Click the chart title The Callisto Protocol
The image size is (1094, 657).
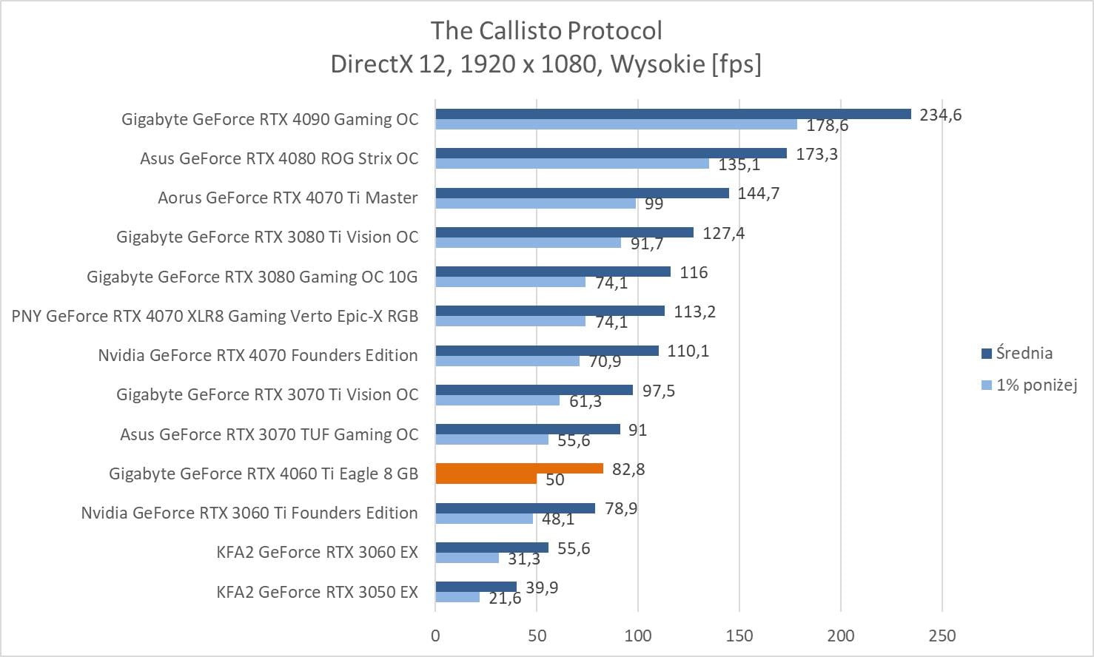pyautogui.click(x=546, y=31)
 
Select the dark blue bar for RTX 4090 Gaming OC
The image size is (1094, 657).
pyautogui.click(x=673, y=114)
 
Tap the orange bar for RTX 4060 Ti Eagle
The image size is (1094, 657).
pyautogui.click(x=519, y=468)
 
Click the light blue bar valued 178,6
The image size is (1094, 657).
pyautogui.click(x=616, y=124)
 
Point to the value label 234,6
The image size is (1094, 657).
pyautogui.click(x=940, y=115)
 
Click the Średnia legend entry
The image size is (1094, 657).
pyautogui.click(x=1024, y=353)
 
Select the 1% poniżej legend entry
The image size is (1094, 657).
pyautogui.click(x=1036, y=385)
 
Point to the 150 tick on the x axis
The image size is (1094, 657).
pyautogui.click(x=739, y=636)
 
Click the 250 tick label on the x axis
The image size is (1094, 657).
pyautogui.click(x=942, y=636)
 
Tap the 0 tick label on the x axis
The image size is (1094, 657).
pyautogui.click(x=435, y=636)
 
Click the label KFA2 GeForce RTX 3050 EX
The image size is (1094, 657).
pyautogui.click(x=317, y=592)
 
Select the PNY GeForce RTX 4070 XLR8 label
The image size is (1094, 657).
pyautogui.click(x=215, y=316)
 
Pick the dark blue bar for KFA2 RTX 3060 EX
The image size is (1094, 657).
pyautogui.click(x=491, y=547)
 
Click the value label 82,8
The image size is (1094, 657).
pyautogui.click(x=628, y=469)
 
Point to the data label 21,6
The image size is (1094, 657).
pyautogui.click(x=505, y=598)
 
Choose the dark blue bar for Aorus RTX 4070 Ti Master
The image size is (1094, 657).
pyautogui.click(x=582, y=193)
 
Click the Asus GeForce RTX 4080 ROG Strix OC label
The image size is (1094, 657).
pyautogui.click(x=279, y=158)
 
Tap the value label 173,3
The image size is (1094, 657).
pyautogui.click(x=816, y=154)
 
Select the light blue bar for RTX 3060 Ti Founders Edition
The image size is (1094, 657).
pyautogui.click(x=484, y=519)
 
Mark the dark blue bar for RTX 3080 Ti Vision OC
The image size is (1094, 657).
pyautogui.click(x=564, y=232)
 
